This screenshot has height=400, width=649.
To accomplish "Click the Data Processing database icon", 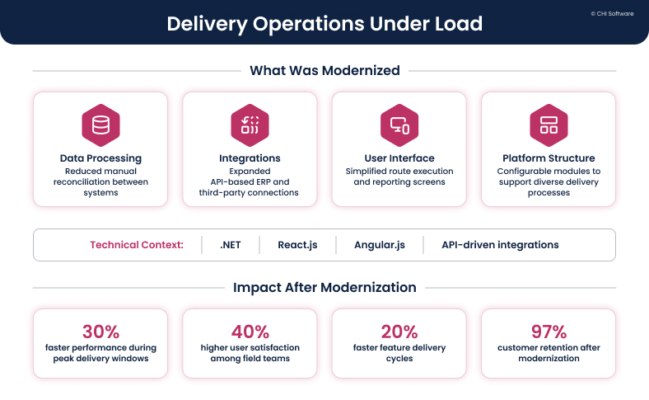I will tap(100, 125).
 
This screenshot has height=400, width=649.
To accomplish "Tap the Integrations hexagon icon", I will tap(250, 125).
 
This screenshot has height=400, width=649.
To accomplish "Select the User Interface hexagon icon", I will tap(399, 125).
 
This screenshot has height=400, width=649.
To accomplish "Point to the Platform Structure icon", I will tap(549, 125).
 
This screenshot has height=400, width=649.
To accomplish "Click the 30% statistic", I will tap(100, 332).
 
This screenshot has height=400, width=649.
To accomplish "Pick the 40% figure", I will tap(250, 332).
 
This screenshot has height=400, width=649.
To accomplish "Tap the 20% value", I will tap(399, 332).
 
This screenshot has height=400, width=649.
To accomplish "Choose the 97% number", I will tap(549, 332).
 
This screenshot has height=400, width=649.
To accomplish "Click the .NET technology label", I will tap(231, 245).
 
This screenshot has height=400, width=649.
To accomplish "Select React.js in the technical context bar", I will tap(297, 245).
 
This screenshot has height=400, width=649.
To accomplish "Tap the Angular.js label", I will tap(379, 245).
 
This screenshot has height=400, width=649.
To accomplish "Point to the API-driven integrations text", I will tap(500, 245).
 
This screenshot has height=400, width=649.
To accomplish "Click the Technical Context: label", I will tap(136, 245).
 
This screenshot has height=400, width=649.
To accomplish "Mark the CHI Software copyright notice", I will tap(612, 14).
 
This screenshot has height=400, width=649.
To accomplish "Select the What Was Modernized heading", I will tap(324, 71).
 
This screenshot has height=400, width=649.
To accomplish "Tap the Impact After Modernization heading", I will tap(324, 288).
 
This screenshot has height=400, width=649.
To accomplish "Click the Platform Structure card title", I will tap(549, 158).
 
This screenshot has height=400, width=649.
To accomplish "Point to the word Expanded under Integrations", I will tap(250, 170).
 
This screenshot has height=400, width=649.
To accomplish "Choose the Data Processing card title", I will tap(100, 158).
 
